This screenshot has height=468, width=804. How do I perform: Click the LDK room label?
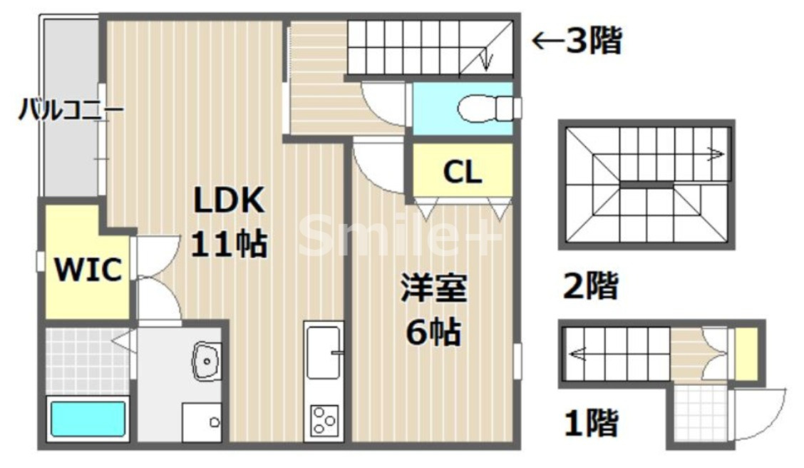[x=230, y=200]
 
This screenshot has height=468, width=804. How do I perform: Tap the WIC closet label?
[x=89, y=270]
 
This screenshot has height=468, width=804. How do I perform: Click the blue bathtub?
[x=88, y=419]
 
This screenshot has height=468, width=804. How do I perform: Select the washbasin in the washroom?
[x=207, y=360]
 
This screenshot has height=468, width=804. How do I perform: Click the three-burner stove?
[x=324, y=419]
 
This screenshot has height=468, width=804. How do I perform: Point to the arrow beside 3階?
[x=547, y=41]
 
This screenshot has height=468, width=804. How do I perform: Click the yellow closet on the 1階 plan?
[x=746, y=354]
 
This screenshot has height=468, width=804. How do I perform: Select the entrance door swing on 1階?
[x=759, y=414]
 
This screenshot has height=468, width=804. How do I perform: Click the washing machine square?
[x=202, y=422]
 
